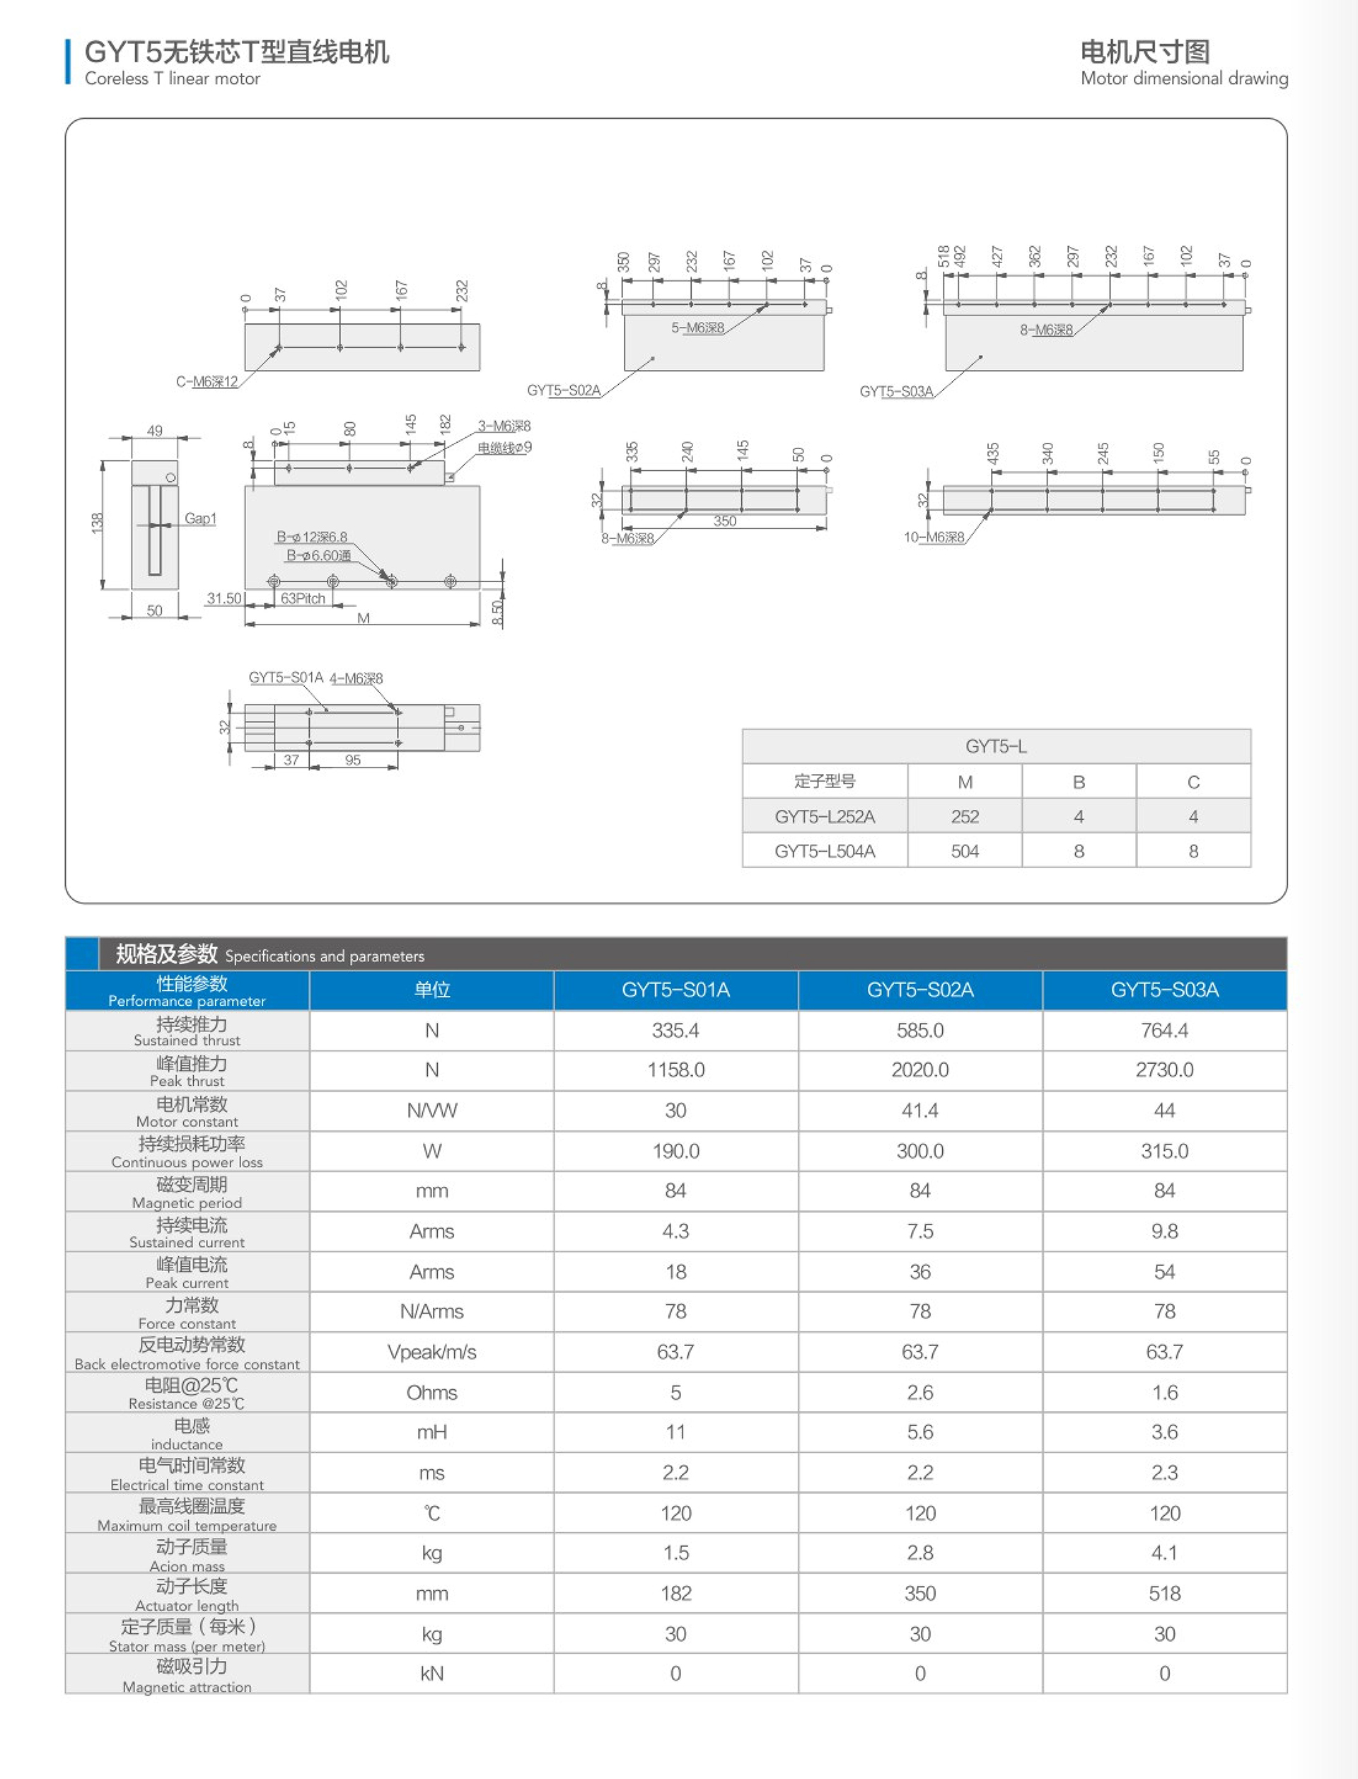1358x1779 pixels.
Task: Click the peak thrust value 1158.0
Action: (675, 1070)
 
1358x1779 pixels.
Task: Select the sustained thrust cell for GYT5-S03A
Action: (1164, 1030)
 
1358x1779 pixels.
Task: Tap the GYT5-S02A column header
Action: (920, 990)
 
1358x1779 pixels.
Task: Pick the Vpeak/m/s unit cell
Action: (431, 1352)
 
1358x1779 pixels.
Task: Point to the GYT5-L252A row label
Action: (825, 816)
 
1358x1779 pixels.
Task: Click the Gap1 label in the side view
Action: (200, 518)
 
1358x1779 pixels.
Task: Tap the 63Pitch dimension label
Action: (303, 598)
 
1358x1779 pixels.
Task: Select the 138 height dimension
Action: (97, 523)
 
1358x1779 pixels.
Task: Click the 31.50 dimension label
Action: (224, 598)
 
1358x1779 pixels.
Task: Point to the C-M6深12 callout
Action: (207, 381)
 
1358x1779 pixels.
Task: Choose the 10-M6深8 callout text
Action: (934, 537)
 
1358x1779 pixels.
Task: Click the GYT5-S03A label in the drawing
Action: (895, 391)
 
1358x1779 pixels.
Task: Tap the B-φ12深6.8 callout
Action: (312, 537)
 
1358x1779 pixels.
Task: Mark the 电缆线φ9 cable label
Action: (504, 447)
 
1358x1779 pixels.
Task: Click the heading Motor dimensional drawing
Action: (1184, 79)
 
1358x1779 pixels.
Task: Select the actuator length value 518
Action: (1164, 1593)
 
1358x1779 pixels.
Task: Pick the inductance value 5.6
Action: (920, 1432)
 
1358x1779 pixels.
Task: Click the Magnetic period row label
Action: (187, 1192)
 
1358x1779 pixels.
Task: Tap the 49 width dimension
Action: (154, 431)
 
